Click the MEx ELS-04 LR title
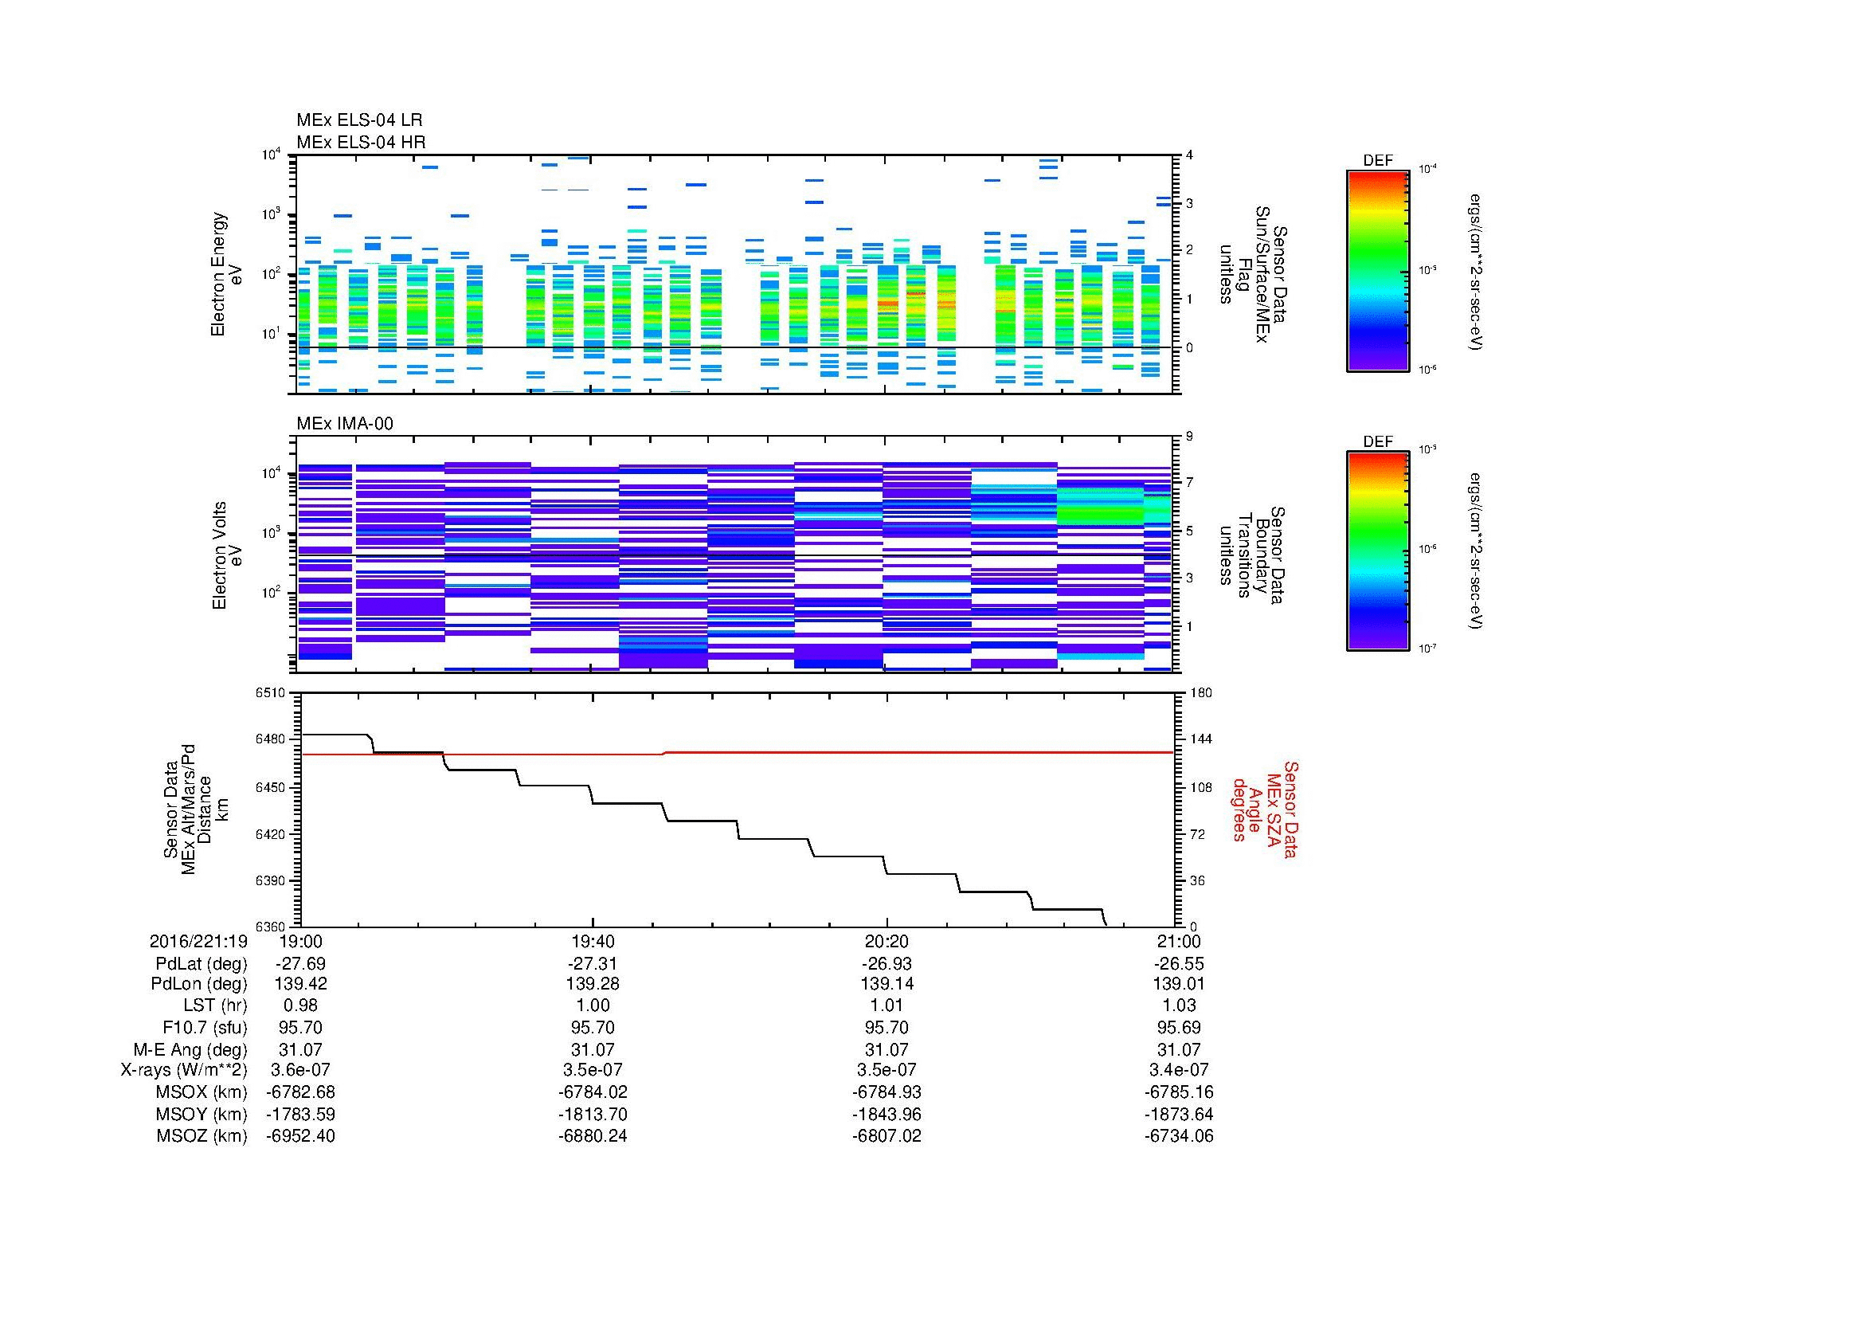pyautogui.click(x=359, y=121)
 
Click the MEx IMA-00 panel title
pyautogui.click(x=345, y=424)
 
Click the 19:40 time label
pyautogui.click(x=593, y=941)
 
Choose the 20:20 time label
pyautogui.click(x=886, y=941)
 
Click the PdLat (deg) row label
pyautogui.click(x=201, y=964)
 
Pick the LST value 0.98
pyautogui.click(x=300, y=1005)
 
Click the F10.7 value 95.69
pyautogui.click(x=1178, y=1027)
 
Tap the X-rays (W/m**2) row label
pyautogui.click(x=183, y=1070)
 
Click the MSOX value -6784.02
pyautogui.click(x=593, y=1092)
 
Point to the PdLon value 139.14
pyautogui.click(x=886, y=983)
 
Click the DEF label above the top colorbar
pyautogui.click(x=1377, y=161)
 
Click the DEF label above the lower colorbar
pyautogui.click(x=1377, y=441)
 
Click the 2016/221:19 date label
pyautogui.click(x=198, y=941)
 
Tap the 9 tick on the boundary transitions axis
pyautogui.click(x=1189, y=436)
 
